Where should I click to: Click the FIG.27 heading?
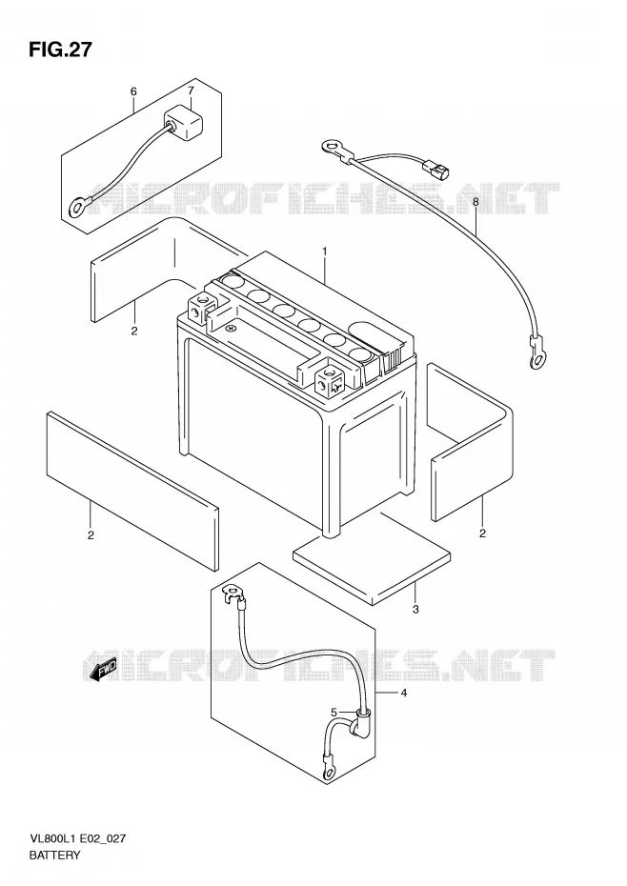59,50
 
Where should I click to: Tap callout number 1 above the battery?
325,251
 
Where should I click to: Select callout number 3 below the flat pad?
415,609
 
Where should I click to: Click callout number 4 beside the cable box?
403,693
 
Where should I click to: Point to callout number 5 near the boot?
334,712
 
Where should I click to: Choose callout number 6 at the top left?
133,91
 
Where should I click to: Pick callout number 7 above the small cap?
191,91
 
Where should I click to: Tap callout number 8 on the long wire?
475,202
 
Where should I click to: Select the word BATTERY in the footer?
54,855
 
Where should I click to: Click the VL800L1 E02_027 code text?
77,838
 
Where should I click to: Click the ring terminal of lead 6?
77,208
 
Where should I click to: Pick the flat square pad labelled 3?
372,567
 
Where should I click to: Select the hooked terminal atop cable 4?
233,594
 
